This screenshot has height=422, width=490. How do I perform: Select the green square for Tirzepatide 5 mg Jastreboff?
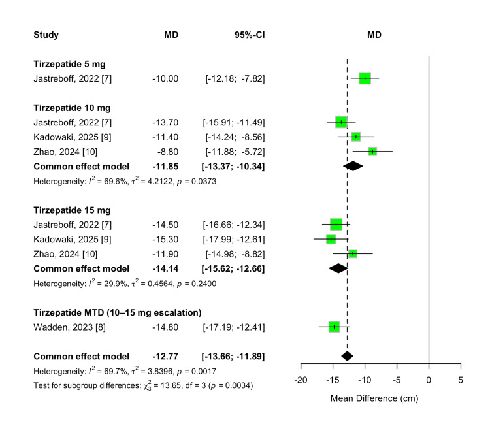[x=365, y=78]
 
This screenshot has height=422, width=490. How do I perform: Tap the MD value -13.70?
[x=165, y=122]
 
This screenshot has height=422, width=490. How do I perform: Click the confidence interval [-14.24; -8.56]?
[x=235, y=137]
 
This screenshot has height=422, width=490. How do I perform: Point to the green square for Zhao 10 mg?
[x=372, y=152]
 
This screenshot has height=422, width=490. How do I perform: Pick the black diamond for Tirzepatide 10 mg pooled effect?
[x=352, y=166]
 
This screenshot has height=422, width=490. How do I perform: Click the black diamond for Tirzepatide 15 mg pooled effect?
[x=338, y=268]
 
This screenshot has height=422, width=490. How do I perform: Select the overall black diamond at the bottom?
[x=347, y=356]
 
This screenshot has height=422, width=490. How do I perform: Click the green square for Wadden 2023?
[x=334, y=327]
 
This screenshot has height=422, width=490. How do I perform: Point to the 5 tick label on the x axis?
[x=460, y=381]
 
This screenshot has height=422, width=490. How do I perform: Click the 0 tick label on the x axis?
[x=428, y=381]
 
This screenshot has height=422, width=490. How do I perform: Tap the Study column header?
[x=46, y=35]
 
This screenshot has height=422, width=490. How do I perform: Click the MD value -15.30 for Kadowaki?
[x=165, y=239]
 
